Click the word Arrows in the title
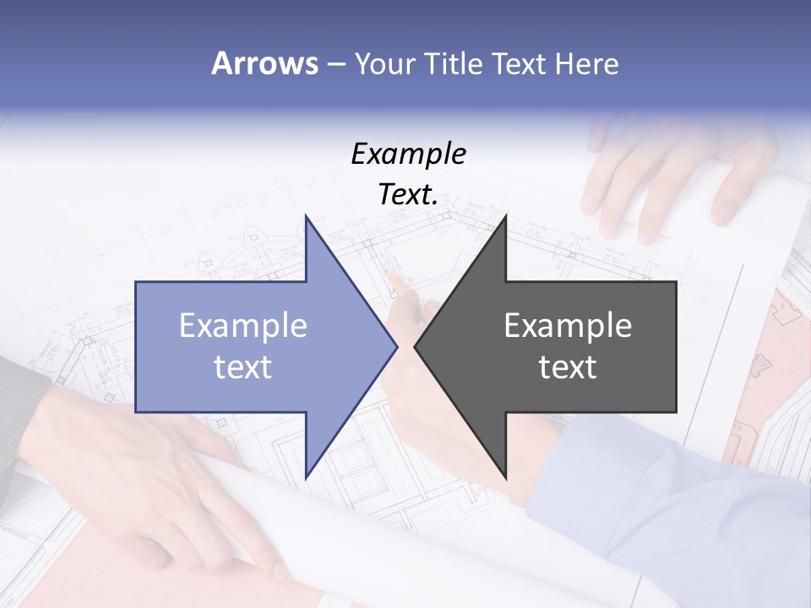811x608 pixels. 264,63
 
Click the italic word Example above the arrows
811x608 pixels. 408,154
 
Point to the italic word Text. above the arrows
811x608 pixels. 408,195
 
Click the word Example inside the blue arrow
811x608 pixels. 243,326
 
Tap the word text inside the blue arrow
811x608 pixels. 243,367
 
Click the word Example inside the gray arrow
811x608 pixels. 568,326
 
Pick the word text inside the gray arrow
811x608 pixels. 568,367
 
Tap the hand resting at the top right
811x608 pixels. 667,177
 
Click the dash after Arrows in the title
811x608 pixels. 335,64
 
